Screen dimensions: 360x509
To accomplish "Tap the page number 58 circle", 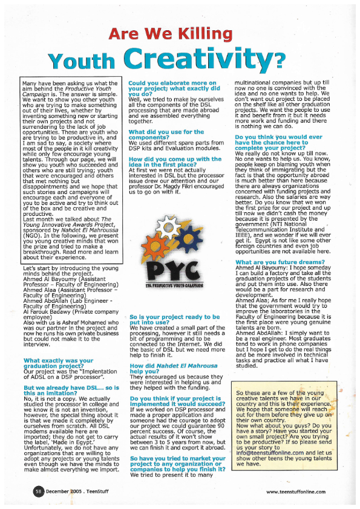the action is point(37,492).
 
